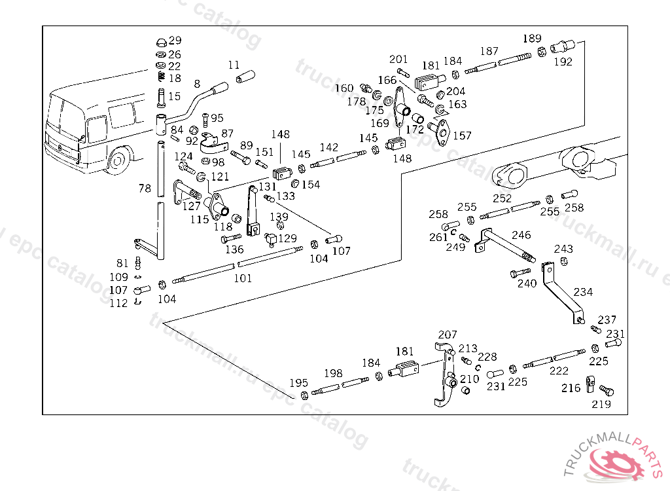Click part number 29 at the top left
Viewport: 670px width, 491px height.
[175, 41]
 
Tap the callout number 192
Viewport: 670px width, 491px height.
[563, 62]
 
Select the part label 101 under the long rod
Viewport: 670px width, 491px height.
[243, 278]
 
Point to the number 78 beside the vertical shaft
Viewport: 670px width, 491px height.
[145, 189]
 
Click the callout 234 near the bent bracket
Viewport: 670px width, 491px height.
[584, 291]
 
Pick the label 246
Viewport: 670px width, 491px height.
[521, 235]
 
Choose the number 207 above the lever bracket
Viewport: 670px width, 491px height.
[448, 335]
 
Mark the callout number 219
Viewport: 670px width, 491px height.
[601, 404]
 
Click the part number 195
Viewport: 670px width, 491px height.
[299, 383]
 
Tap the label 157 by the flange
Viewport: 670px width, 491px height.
[462, 136]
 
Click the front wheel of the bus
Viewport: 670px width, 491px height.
[118, 160]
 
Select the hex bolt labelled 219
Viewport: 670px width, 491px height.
[606, 390]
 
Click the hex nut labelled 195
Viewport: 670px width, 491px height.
[304, 395]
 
